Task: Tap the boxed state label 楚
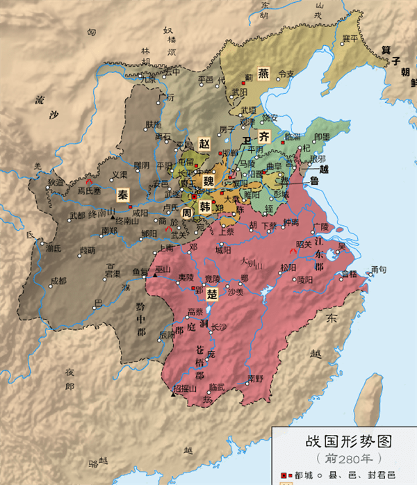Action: pos(213,295)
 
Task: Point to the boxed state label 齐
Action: pos(264,136)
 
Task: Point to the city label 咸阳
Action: pos(140,213)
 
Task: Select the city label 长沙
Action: pos(218,327)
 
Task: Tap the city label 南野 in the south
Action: pos(255,379)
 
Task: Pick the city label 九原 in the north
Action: pos(148,78)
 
